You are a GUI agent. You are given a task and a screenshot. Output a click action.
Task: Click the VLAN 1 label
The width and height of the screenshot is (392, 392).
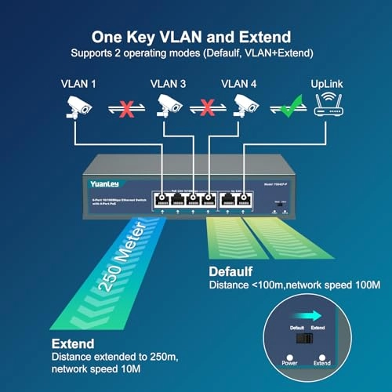coord(78,82)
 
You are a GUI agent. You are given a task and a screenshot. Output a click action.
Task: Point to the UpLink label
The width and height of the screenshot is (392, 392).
coord(328,82)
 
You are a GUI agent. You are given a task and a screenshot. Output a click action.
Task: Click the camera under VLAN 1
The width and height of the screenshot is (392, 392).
coord(78,107)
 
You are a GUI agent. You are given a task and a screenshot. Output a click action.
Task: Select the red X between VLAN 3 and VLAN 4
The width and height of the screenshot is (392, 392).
coord(206,107)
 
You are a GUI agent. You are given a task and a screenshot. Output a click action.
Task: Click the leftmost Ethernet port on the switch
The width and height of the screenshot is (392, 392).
coord(162,198)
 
